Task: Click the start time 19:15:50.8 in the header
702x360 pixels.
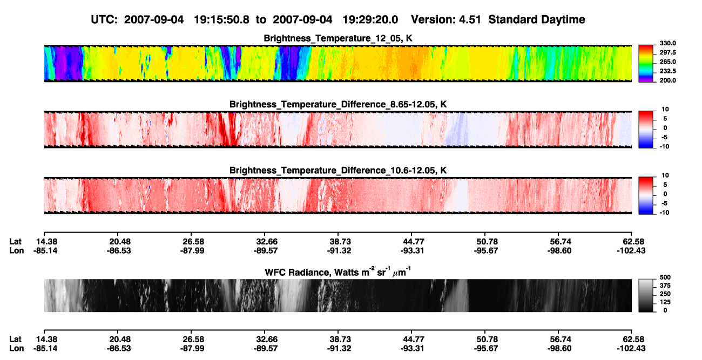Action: [x=221, y=20]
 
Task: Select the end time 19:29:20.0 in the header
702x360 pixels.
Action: [x=370, y=20]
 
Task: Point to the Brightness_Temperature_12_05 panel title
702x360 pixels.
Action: [x=338, y=38]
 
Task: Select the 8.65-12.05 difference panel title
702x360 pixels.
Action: [x=338, y=104]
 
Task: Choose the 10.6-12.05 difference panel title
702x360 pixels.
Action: [x=338, y=171]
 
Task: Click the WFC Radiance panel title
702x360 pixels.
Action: [x=338, y=272]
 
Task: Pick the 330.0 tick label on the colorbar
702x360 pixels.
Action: [x=667, y=43]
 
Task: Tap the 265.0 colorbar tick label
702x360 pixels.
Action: [x=667, y=62]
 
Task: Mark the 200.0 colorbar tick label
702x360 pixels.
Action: [x=667, y=80]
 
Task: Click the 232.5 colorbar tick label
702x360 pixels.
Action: [x=667, y=71]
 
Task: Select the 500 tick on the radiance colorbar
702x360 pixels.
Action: [x=665, y=277]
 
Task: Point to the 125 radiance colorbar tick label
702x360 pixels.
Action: [x=665, y=302]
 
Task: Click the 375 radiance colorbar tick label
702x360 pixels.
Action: [x=665, y=286]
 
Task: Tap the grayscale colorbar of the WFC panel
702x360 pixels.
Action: [x=646, y=295]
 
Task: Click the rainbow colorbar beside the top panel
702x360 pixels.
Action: [x=646, y=64]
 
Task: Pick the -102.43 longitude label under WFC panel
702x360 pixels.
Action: [x=631, y=349]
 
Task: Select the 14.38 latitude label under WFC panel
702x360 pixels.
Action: [x=46, y=339]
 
